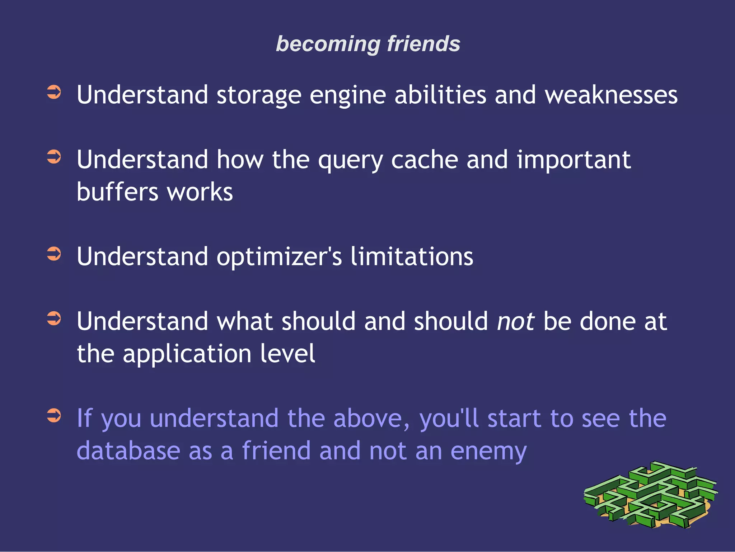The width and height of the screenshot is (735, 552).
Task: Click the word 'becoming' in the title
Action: coord(328,44)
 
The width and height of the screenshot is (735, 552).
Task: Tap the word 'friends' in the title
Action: coord(423,44)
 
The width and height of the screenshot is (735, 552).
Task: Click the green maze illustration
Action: coord(650,495)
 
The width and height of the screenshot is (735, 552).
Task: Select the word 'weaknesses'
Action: coord(611,95)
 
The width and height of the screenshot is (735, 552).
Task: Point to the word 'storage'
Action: coord(259,95)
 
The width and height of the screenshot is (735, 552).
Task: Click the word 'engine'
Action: coord(348,95)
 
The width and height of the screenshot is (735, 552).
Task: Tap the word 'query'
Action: coord(350,161)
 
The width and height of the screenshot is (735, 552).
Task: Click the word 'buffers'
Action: coord(117,192)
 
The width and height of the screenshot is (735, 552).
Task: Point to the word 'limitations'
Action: coord(412,256)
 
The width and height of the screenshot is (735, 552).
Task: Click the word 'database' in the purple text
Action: coord(128,451)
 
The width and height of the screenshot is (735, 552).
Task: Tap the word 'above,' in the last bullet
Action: coord(371,419)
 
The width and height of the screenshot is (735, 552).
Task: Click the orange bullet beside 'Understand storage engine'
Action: coord(54,92)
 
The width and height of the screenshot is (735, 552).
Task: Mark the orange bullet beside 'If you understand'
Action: coord(54,416)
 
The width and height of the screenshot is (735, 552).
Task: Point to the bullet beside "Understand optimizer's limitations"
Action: coord(54,254)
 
